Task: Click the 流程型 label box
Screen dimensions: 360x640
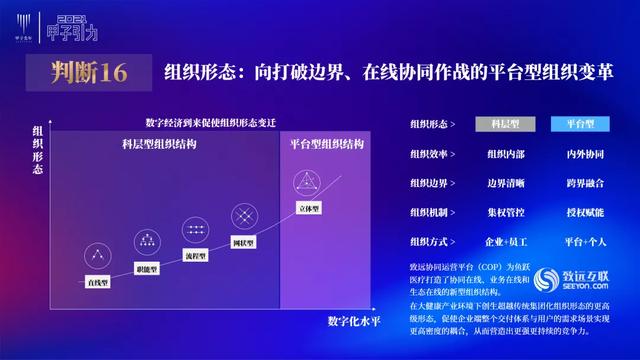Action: [x=195, y=255]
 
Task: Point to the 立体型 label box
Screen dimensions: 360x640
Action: [x=308, y=209]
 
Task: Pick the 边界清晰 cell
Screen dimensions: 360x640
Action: [x=504, y=184]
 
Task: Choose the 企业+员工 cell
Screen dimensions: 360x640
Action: [x=504, y=242]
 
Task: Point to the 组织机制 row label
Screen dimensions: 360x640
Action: [x=431, y=213]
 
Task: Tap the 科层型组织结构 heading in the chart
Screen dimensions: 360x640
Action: [x=152, y=144]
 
